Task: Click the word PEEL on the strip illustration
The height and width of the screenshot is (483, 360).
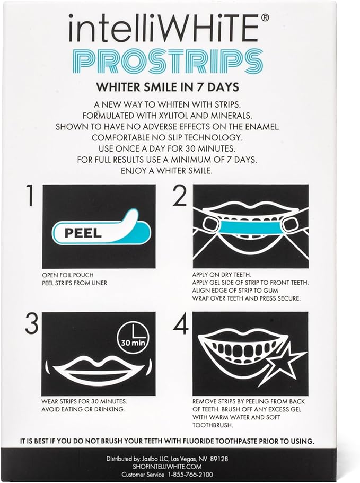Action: pyautogui.click(x=83, y=233)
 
